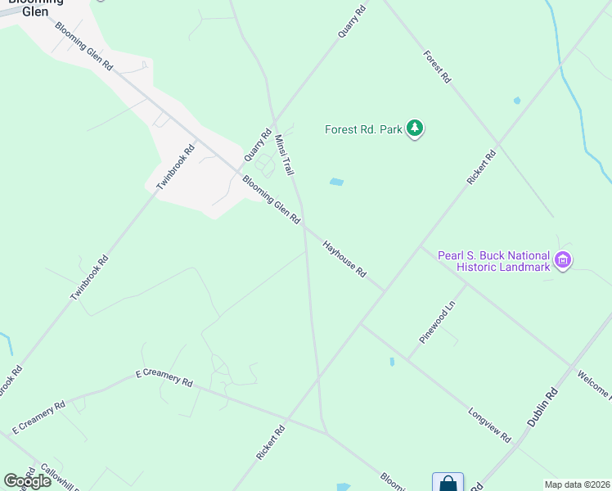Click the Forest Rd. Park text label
pyautogui.click(x=363, y=129)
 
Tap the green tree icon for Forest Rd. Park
pyautogui.click(x=416, y=128)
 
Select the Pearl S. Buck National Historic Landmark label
pyautogui.click(x=493, y=260)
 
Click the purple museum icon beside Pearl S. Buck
pyautogui.click(x=562, y=260)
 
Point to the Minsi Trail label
pyautogui.click(x=284, y=155)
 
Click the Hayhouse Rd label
pyautogui.click(x=344, y=258)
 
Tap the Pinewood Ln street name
pyautogui.click(x=437, y=322)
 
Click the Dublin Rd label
pyautogui.click(x=542, y=408)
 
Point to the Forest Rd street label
pyautogui.click(x=437, y=66)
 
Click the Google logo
pyautogui.click(x=27, y=481)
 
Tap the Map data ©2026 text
pyautogui.click(x=577, y=484)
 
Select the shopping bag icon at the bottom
pyautogui.click(x=448, y=483)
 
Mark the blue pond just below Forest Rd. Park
pyautogui.click(x=336, y=182)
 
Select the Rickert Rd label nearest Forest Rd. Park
pyautogui.click(x=480, y=167)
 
